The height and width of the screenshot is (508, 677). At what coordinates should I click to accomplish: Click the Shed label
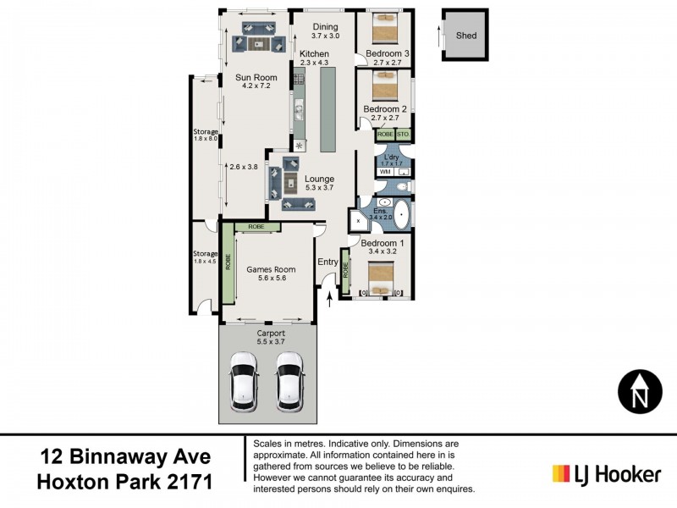[466, 36]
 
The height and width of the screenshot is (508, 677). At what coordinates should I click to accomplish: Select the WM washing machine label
[384, 172]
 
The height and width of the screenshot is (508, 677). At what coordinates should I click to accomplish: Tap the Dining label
[325, 26]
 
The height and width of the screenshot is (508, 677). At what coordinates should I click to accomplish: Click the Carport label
[271, 334]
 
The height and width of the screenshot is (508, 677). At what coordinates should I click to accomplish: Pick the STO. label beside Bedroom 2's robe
[403, 135]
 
